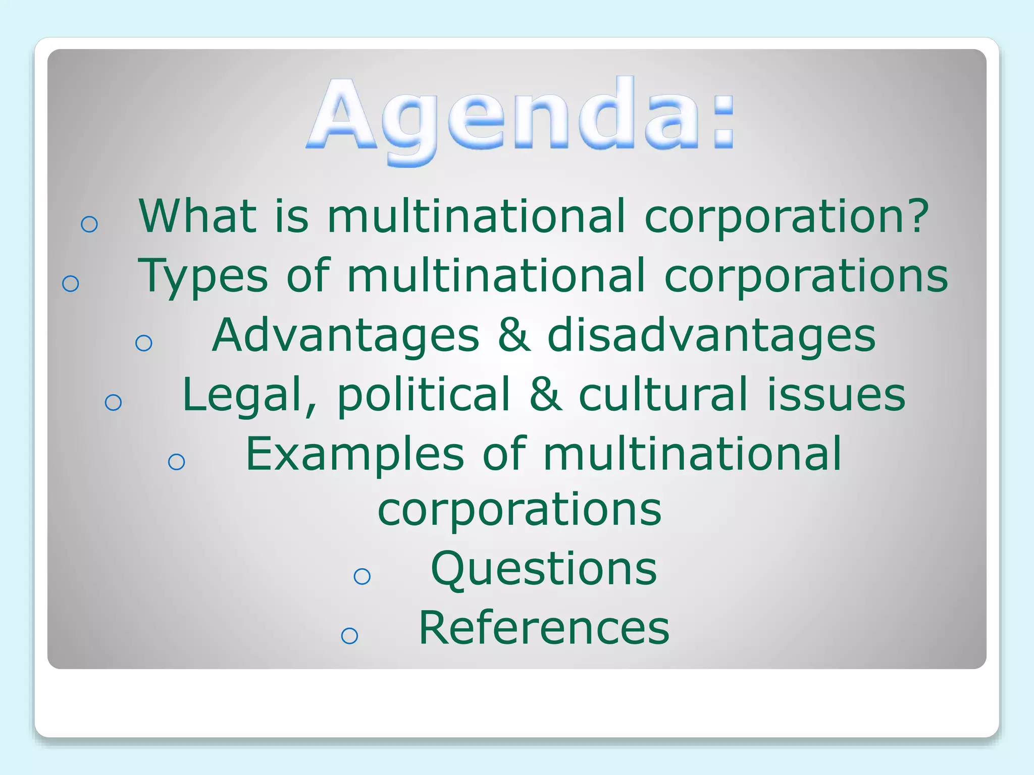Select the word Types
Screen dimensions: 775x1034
202,276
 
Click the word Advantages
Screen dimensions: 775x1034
345,335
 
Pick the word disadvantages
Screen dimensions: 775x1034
711,336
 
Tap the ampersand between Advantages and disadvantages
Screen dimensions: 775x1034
513,335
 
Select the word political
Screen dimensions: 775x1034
424,395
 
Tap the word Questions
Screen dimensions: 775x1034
544,569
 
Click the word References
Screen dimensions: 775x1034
544,628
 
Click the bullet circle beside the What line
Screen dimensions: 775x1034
89,224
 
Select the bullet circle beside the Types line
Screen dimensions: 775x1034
71,284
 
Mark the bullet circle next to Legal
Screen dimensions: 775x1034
114,402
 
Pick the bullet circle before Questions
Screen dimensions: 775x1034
362,576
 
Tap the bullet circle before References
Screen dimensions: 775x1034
349,636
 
